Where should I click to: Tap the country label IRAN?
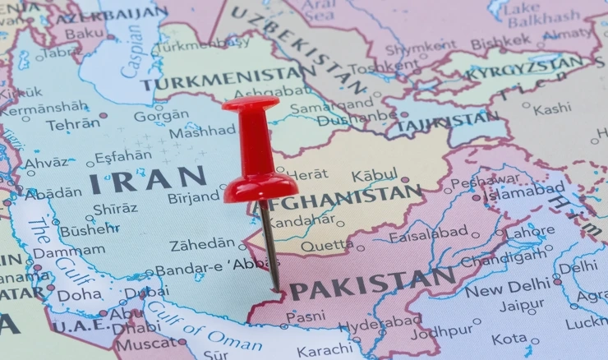click(x=149, y=179)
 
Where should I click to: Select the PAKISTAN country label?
click(x=372, y=286)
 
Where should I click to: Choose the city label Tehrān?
click(x=72, y=125)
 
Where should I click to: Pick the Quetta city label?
click(x=327, y=246)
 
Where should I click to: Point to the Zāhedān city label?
click(x=202, y=244)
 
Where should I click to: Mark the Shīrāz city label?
click(x=116, y=209)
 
